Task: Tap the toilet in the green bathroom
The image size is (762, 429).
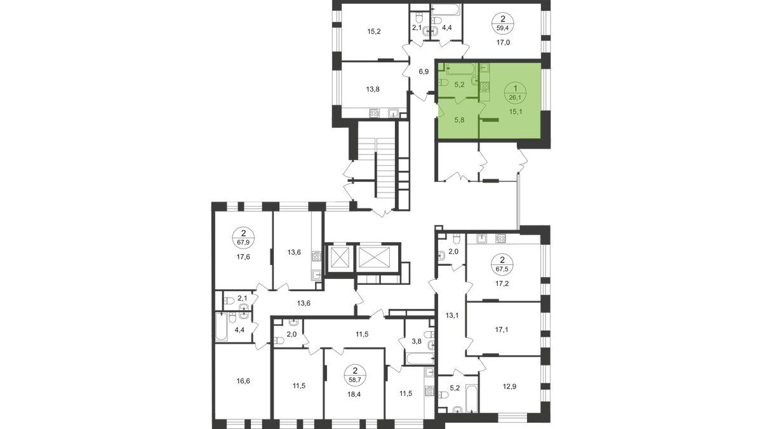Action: [x=444, y=84]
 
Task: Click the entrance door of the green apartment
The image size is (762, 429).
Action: [x=439, y=112]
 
